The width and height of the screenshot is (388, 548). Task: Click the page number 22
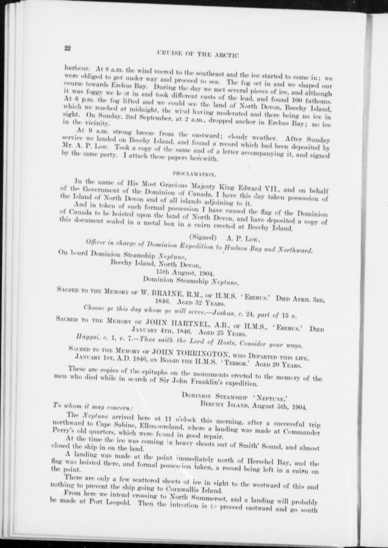pos(67,48)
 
